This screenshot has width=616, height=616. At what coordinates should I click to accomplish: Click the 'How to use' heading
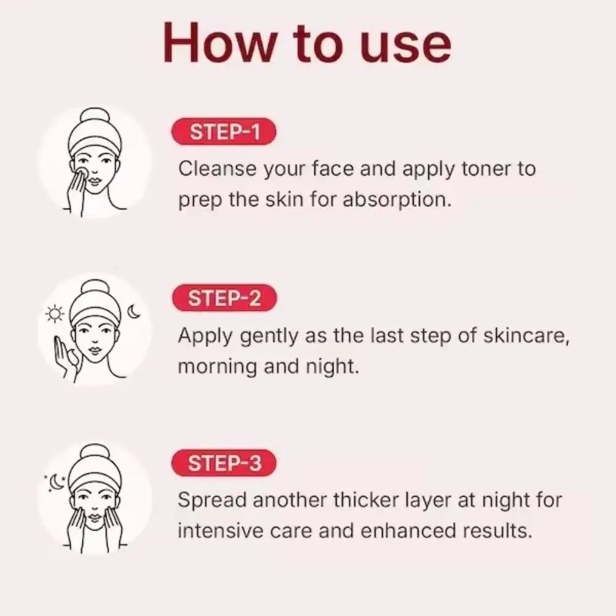coord(308,42)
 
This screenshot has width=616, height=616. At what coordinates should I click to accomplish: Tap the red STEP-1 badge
coord(224,132)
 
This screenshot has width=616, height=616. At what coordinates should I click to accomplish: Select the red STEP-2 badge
coord(224,298)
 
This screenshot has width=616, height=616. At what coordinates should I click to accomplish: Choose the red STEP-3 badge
coord(224,463)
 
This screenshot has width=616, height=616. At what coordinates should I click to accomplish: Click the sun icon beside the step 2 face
coord(55,315)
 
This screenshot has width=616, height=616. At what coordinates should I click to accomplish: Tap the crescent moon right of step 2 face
coord(134,313)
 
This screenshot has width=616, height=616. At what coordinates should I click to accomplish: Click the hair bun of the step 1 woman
coord(94,116)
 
